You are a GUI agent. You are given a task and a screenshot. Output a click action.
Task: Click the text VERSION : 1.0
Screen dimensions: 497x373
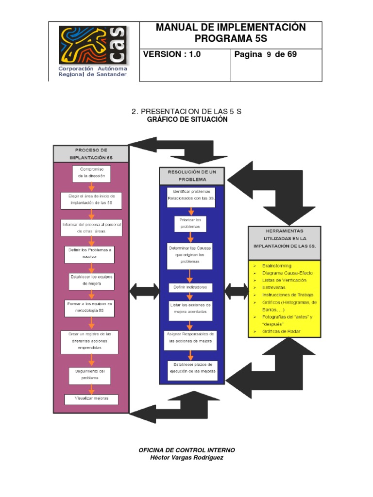(x=172, y=55)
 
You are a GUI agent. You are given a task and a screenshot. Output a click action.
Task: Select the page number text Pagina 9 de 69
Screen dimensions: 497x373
(x=265, y=55)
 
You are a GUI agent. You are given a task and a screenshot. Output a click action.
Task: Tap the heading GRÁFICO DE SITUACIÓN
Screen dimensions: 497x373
(x=187, y=119)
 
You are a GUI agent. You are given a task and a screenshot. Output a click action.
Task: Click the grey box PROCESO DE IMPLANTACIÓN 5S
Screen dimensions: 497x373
(x=91, y=154)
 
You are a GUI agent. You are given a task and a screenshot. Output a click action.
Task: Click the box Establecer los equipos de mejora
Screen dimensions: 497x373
(x=91, y=281)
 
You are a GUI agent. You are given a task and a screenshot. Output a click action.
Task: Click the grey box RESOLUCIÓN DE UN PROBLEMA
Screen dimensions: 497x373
(x=192, y=176)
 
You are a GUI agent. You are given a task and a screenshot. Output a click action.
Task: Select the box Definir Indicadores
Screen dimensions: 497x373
(x=190, y=288)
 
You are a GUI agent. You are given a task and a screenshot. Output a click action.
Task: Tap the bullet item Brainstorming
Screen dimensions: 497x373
(x=277, y=266)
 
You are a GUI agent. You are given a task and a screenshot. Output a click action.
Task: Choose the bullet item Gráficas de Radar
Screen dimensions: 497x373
(x=281, y=331)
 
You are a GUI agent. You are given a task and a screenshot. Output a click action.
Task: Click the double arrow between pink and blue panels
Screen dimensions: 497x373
(x=144, y=291)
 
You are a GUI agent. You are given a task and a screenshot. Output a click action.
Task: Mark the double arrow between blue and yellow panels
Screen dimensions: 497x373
(x=237, y=291)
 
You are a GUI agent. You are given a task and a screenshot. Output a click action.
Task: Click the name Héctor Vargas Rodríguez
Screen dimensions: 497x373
(x=187, y=458)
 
